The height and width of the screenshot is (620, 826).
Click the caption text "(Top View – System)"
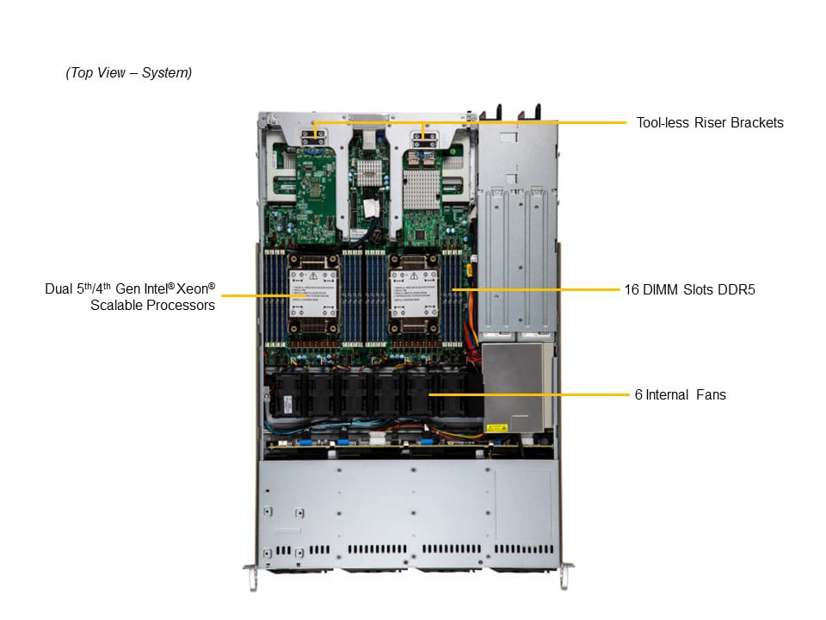pyautogui.click(x=128, y=73)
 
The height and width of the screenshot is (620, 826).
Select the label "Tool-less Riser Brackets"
pyautogui.click(x=710, y=122)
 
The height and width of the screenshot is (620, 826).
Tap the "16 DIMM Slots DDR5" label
pyautogui.click(x=690, y=289)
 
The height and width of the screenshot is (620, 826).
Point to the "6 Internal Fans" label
pyautogui.click(x=680, y=394)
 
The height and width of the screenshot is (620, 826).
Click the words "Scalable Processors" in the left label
pyautogui.click(x=152, y=305)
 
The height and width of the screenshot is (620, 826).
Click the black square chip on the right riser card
pyautogui.click(x=419, y=233)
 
